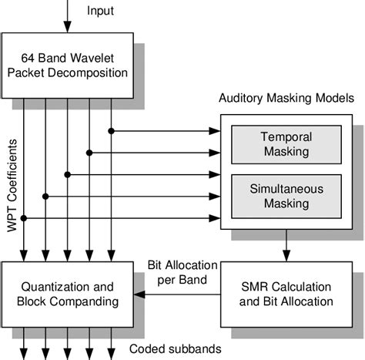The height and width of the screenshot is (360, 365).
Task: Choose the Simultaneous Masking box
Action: point(280,197)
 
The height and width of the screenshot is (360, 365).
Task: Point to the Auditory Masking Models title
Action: point(286,99)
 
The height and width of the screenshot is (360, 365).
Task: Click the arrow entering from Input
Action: point(69,15)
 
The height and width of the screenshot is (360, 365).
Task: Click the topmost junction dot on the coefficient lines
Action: point(112,131)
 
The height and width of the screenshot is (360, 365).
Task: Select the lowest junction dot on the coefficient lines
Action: point(24,220)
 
